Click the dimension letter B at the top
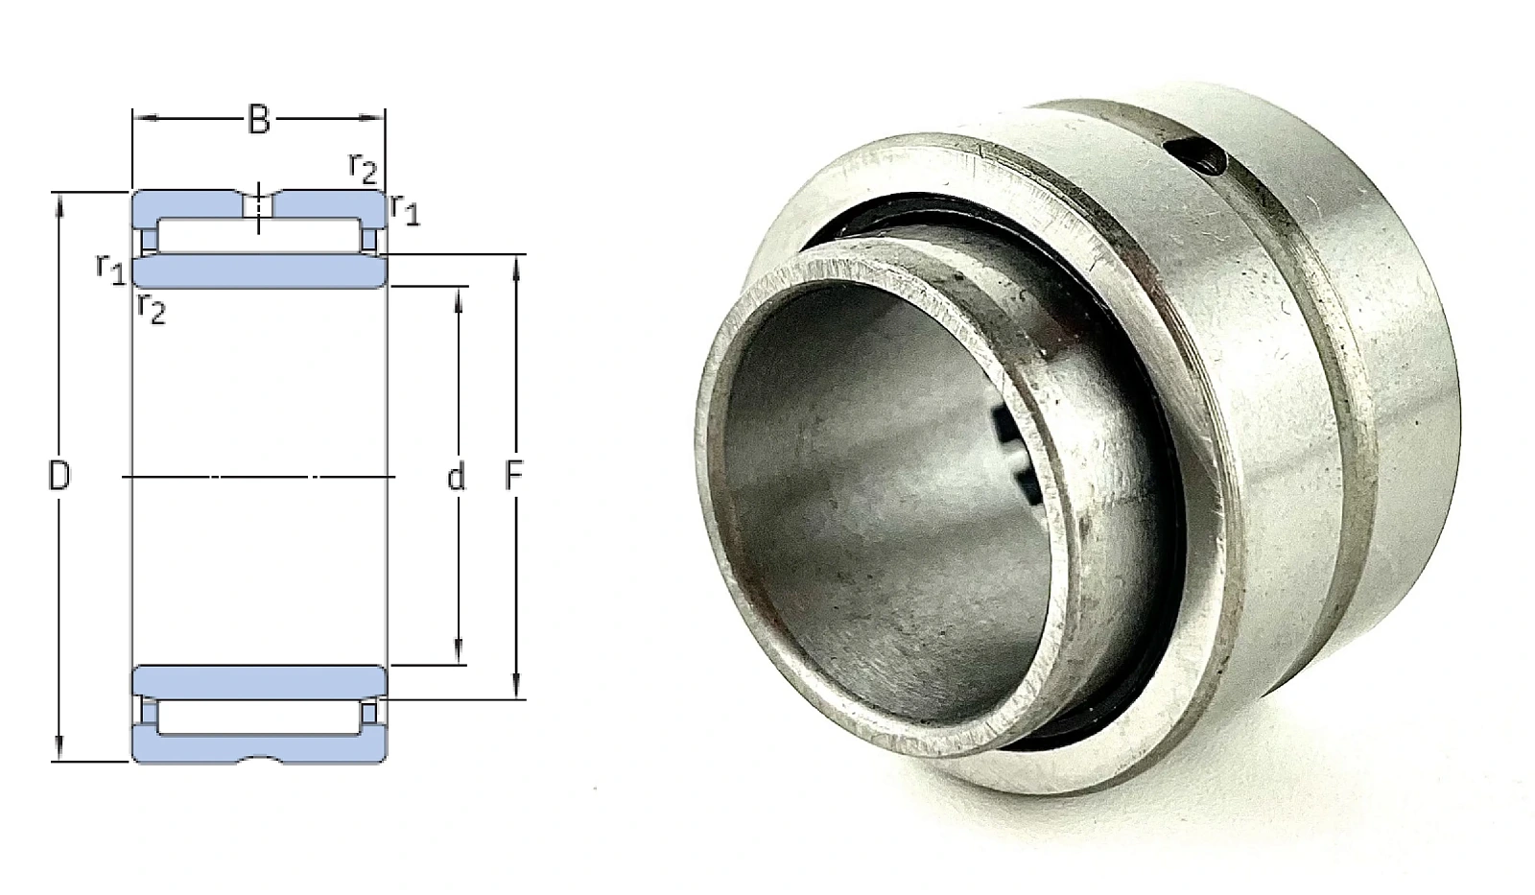258,121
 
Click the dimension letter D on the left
59,476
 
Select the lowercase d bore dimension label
457,477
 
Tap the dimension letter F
514,476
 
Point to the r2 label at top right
364,168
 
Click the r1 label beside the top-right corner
404,210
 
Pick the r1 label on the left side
111,269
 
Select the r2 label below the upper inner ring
152,308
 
